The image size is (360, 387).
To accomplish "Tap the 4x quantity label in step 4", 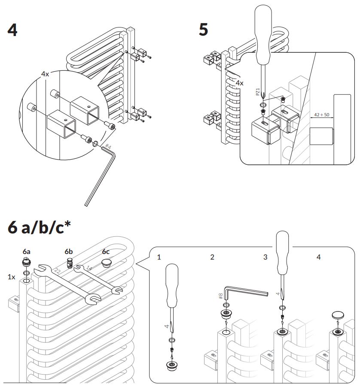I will pos(45,74).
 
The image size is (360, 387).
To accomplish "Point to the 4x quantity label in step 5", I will pos(239,83).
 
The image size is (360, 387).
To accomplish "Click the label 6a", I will pos(27,251).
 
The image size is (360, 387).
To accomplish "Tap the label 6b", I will pos(69,251).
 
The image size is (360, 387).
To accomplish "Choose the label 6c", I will pos(106,251).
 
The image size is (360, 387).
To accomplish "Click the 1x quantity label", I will pos(12,277).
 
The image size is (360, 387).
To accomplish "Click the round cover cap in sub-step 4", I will pos(337,315).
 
